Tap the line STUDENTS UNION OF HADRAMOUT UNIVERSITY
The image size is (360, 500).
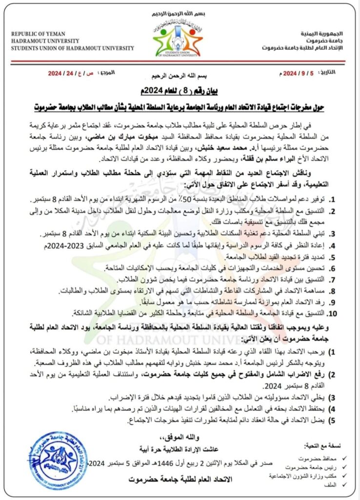pos(72,48)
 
